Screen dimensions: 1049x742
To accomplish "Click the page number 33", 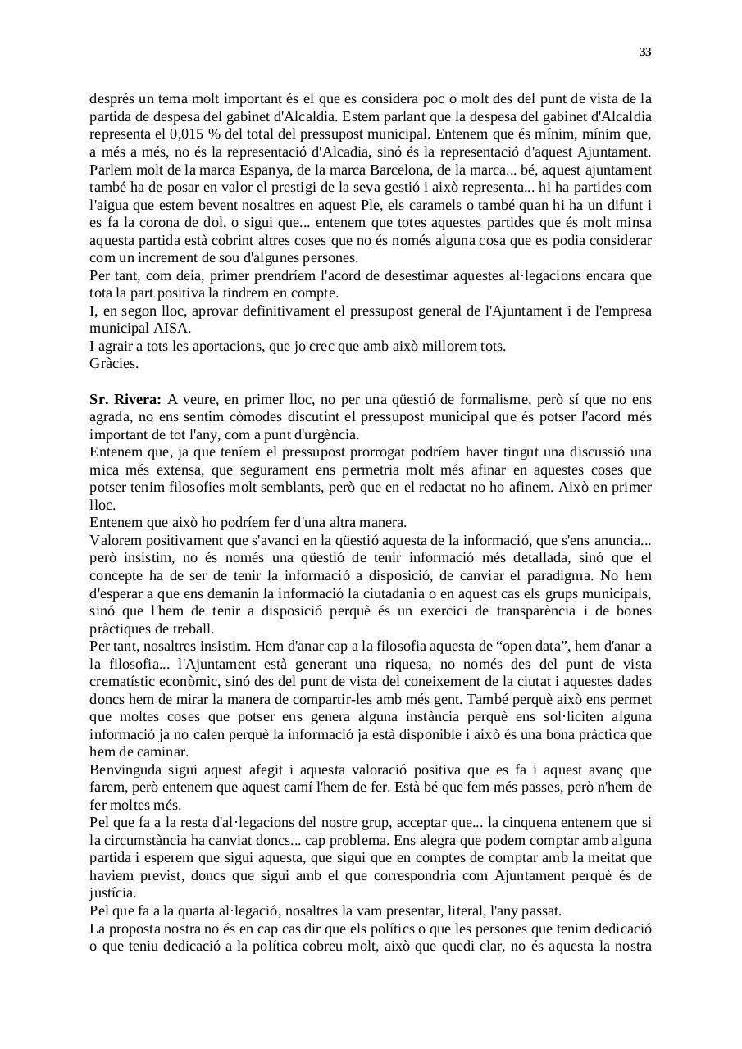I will point(645,52).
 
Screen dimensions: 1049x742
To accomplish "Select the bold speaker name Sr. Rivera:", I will point(125,400).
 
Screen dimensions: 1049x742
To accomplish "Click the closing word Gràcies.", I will point(114,363).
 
